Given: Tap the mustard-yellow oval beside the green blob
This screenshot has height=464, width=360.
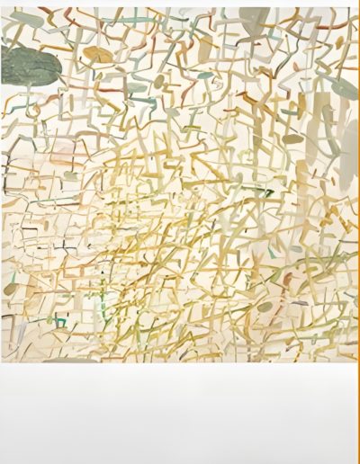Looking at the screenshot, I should (98, 56).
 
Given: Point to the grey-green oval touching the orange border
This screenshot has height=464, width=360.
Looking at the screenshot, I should (345, 87).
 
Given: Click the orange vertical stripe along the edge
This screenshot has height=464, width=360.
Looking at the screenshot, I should (357, 225).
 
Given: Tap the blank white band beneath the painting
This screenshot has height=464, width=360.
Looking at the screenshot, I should (180, 414).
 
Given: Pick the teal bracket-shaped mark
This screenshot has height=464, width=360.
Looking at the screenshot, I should (60, 321).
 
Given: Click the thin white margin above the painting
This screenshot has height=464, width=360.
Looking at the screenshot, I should (180, 4).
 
